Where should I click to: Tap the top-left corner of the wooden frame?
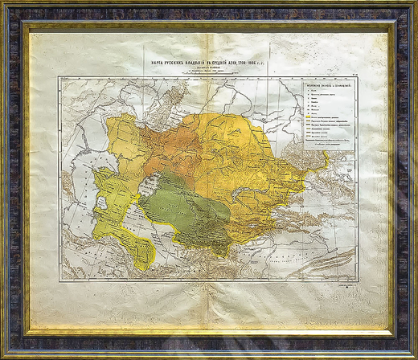[10, 10]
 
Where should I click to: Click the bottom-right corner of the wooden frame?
[408, 350]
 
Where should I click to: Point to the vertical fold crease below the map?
[211, 305]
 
